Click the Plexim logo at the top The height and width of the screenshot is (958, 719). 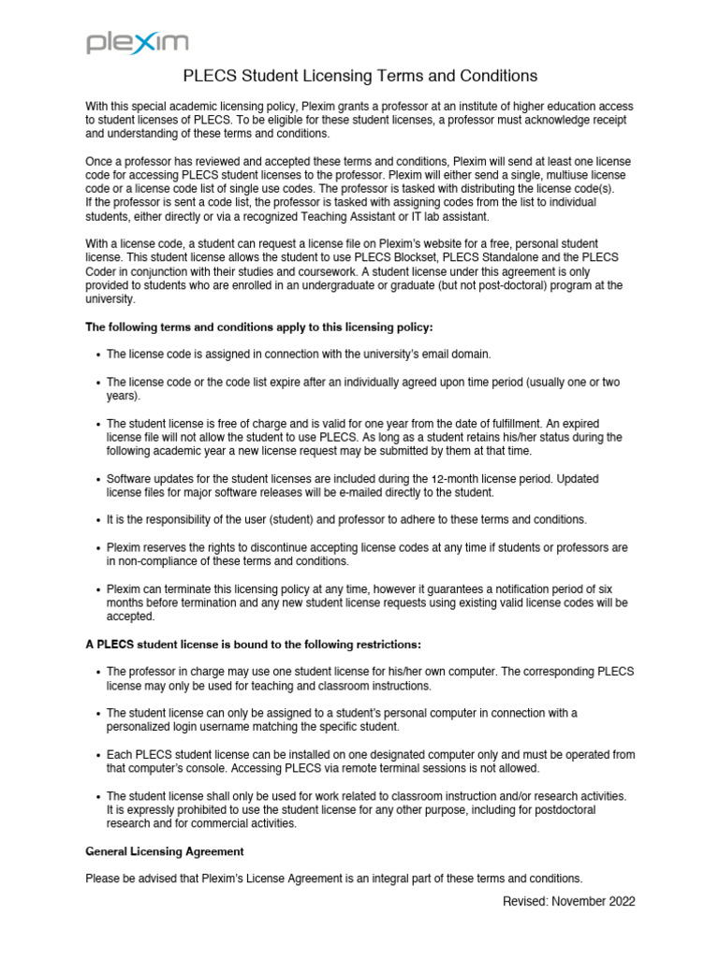tap(138, 42)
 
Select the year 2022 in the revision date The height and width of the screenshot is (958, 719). tap(619, 902)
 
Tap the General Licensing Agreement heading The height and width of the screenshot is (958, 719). tap(165, 851)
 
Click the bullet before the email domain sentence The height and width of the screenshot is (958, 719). tap(99, 355)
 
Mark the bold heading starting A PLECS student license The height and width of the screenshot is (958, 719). tap(254, 645)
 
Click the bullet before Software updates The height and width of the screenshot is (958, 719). tap(99, 479)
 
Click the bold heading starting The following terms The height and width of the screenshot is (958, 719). tap(259, 327)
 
